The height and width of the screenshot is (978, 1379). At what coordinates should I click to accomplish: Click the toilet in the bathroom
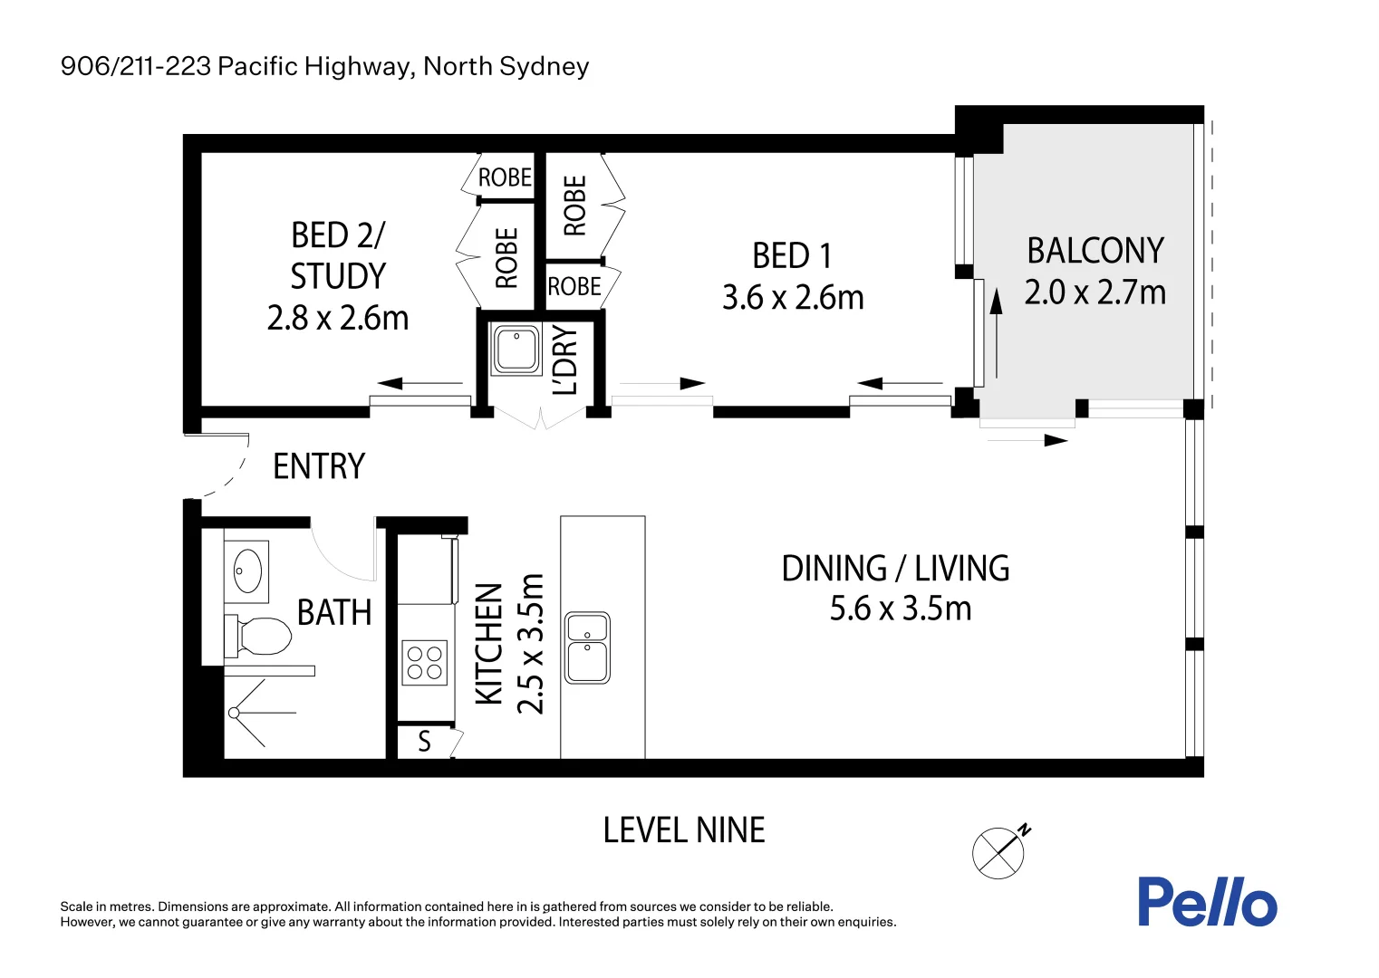pos(258,636)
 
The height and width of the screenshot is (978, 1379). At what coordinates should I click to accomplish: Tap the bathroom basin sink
pos(247,571)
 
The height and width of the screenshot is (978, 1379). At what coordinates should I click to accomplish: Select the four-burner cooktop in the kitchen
pos(425,662)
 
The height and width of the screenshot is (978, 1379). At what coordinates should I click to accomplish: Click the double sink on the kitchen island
pos(587,647)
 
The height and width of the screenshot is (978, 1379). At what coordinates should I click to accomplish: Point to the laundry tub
pos(516,349)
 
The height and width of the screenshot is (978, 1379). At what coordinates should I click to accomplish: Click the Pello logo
pos(1208,901)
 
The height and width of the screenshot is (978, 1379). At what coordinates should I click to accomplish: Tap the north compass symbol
pos(1000,851)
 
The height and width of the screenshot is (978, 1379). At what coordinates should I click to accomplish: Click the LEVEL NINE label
pos(684,829)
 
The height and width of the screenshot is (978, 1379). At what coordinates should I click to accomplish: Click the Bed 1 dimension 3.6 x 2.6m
pos(793,297)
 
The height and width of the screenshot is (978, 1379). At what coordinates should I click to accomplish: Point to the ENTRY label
pos(319,466)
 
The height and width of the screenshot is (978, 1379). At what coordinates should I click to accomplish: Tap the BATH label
pos(334,612)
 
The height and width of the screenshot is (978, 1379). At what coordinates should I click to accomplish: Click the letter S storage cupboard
pos(424,742)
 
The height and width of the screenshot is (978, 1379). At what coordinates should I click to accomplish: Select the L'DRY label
pos(565,360)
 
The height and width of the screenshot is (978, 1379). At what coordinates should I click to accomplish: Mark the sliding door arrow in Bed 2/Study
pos(419,383)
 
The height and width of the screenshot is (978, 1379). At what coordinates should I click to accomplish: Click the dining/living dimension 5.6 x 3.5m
pos(901,609)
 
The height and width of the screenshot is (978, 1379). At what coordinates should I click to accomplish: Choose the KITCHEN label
pos(489,644)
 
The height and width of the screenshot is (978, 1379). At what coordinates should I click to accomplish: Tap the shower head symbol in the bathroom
pos(234,713)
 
